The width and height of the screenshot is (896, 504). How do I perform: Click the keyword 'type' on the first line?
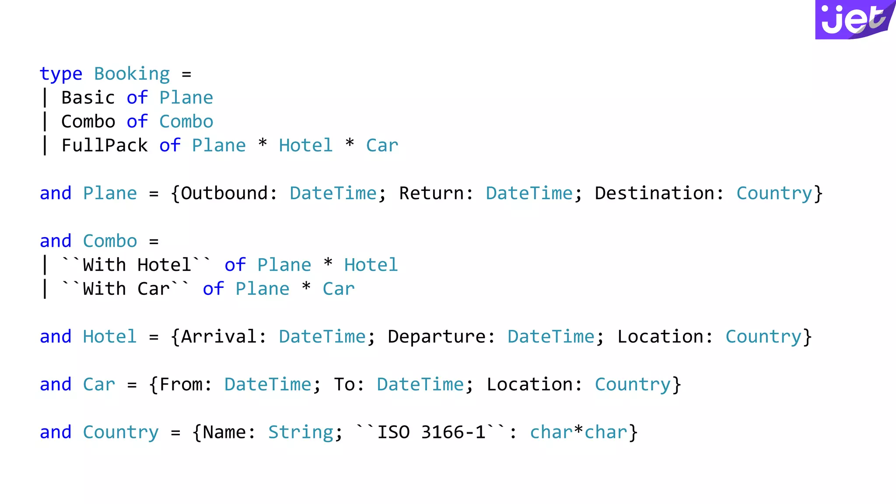click(61, 74)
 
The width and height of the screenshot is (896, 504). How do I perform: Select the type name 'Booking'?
click(132, 74)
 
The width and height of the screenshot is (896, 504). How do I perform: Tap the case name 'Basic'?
click(88, 98)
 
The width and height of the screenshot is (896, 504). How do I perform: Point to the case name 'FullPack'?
click(105, 145)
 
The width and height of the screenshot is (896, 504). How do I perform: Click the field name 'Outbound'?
click(224, 193)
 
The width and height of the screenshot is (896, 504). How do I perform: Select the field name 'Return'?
click(431, 193)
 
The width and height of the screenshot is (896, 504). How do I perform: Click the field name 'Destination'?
click(654, 193)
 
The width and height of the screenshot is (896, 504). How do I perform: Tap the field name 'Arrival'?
click(218, 337)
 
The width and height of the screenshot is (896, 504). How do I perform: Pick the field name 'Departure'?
click(436, 337)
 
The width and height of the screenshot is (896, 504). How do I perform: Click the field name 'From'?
click(180, 385)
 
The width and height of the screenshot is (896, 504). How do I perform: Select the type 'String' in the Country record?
click(301, 432)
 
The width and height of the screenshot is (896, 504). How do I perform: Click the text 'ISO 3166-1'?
click(431, 432)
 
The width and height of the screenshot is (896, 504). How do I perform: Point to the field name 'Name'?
click(224, 432)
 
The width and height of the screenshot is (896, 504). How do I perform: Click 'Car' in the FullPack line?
click(382, 145)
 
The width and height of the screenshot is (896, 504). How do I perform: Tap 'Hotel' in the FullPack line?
click(306, 145)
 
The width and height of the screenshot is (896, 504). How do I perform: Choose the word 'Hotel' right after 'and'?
click(110, 337)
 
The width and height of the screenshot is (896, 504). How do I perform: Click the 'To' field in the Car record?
click(344, 385)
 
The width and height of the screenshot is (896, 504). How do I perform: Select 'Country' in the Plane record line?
click(774, 193)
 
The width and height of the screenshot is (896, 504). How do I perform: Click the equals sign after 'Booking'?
click(186, 74)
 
